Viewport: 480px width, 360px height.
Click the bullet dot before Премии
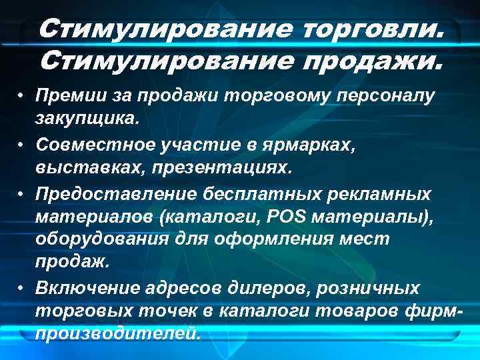pos(22,97)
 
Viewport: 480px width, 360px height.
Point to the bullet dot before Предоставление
pos(22,193)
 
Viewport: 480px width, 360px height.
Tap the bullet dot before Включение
pos(22,288)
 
